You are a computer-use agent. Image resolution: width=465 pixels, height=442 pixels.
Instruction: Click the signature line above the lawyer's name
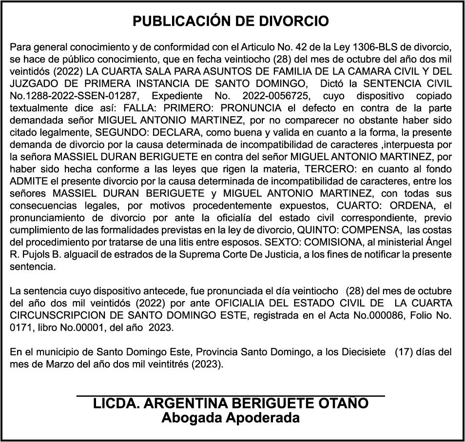click(x=231, y=396)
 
